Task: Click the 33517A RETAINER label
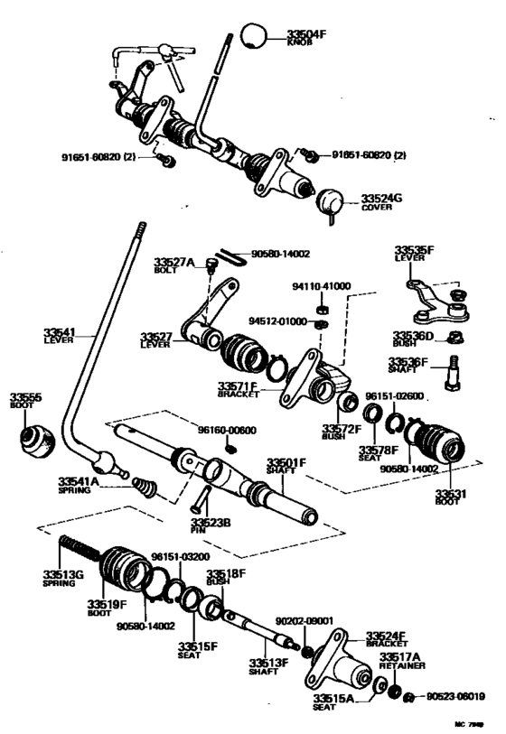[400, 661]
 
